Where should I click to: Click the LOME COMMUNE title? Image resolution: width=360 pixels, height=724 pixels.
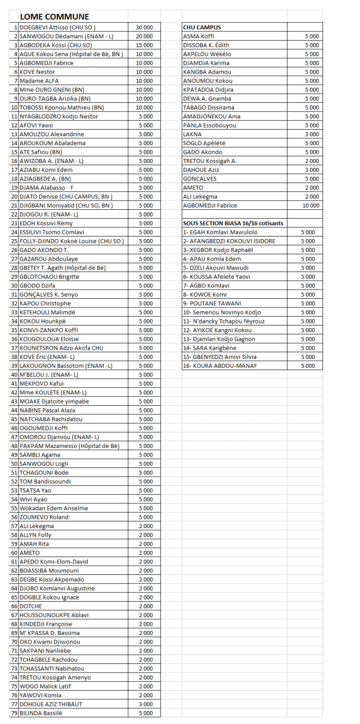54,17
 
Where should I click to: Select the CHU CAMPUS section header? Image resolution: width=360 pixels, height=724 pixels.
199,27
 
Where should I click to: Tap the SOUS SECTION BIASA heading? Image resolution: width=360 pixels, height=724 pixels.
233,223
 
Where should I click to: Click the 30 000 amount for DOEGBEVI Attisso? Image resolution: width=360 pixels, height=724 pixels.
144,27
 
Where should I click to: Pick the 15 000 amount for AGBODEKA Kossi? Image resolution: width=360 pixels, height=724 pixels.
144,45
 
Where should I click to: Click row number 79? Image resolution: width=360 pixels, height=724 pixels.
14,713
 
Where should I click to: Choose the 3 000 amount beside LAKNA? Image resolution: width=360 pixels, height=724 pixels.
312,134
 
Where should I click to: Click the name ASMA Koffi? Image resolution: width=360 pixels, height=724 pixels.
199,37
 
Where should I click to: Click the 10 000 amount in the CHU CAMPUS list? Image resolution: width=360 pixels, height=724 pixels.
310,206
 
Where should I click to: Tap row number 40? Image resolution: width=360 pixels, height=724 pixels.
14,375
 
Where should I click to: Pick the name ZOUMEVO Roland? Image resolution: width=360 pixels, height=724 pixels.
44,517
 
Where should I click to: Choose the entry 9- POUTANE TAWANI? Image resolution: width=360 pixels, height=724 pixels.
212,303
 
